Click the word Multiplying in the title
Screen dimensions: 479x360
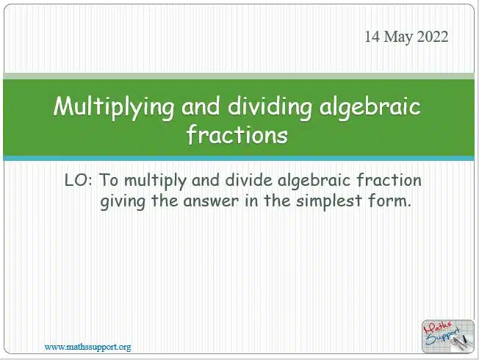pyautogui.click(x=114, y=107)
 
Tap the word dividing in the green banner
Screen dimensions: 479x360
pyautogui.click(x=270, y=107)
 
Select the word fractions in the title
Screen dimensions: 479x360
pyautogui.click(x=237, y=134)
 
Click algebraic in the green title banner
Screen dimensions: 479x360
pyautogui.click(x=370, y=107)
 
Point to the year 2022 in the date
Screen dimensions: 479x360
pyautogui.click(x=433, y=37)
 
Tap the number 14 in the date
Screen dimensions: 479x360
pyautogui.click(x=372, y=37)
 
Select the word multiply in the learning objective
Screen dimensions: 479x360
pyautogui.click(x=155, y=181)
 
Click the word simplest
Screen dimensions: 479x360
pyautogui.click(x=329, y=202)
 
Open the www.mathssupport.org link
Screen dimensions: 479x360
pyautogui.click(x=88, y=348)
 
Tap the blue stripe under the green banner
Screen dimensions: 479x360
pyautogui.click(x=239, y=158)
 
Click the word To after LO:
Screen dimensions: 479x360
pyautogui.click(x=109, y=180)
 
